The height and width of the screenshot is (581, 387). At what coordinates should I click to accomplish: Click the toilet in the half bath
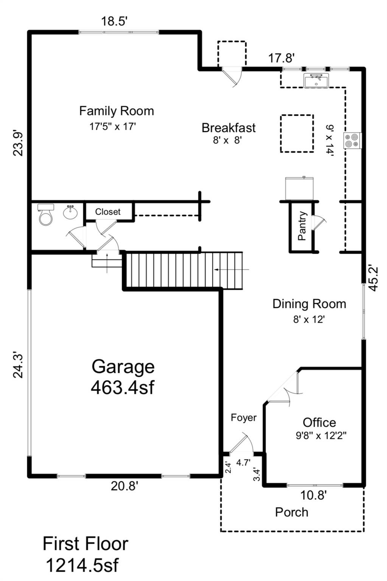tap(46, 214)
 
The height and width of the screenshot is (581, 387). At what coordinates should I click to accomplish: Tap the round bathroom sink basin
tap(70, 212)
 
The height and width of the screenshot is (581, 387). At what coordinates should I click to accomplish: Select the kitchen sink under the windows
tap(316, 81)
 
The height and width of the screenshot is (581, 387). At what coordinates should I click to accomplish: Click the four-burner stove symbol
tap(353, 140)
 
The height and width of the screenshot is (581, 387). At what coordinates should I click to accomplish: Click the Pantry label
tap(302, 226)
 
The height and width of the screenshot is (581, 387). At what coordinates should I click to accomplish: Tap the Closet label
tap(108, 212)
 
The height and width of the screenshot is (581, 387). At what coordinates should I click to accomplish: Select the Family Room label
tap(117, 111)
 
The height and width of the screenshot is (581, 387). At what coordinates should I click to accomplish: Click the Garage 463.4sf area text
tap(123, 377)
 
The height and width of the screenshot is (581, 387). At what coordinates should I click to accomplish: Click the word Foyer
tap(244, 418)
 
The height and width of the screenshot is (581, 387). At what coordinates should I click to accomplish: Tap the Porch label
tap(292, 512)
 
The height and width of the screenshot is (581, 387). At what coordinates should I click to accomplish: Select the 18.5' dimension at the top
tap(114, 21)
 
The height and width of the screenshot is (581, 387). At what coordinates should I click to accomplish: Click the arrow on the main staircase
tap(232, 270)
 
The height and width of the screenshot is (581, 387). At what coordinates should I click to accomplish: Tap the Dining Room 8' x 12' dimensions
tap(309, 319)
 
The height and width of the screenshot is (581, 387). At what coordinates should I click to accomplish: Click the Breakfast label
tap(229, 128)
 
